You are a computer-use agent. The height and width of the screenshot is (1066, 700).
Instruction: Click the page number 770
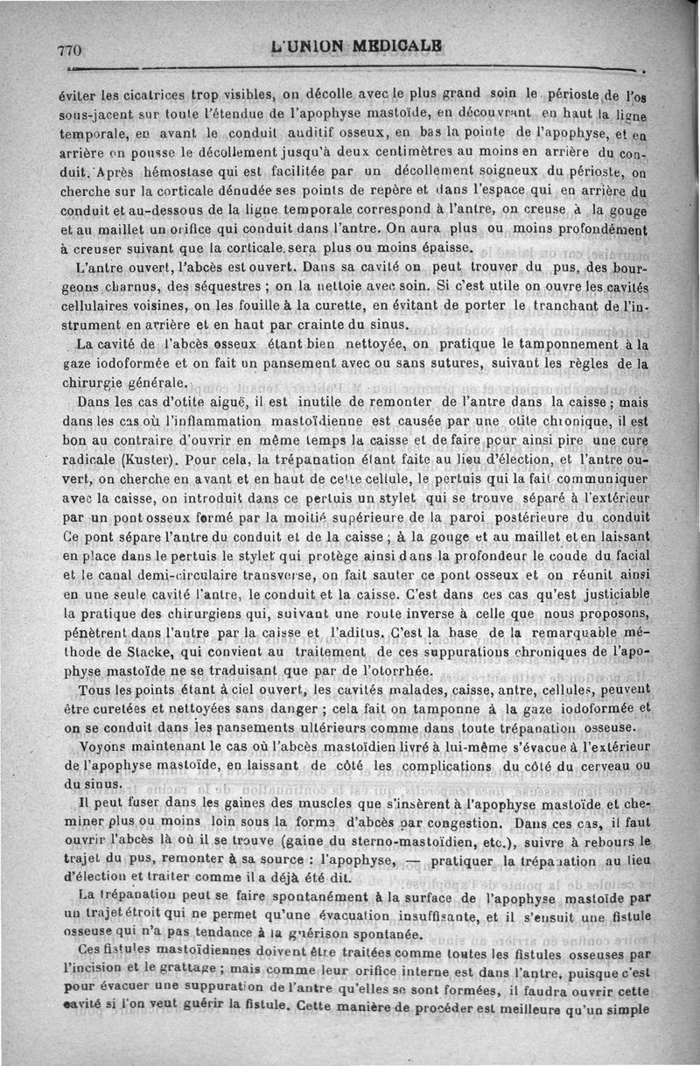point(69,51)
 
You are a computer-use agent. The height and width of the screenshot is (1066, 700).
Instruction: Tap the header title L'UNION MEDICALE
point(355,45)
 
